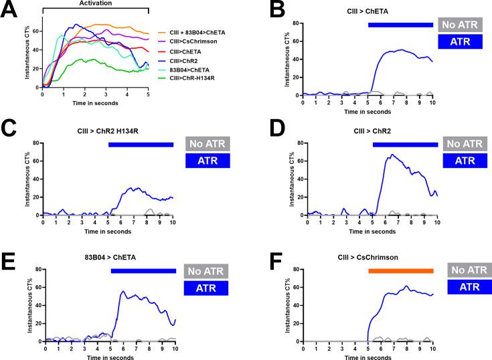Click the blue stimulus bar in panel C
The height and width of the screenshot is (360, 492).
tap(141, 144)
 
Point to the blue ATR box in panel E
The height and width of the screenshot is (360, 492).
tap(207, 288)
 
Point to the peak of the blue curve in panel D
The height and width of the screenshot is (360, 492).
tap(392, 155)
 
